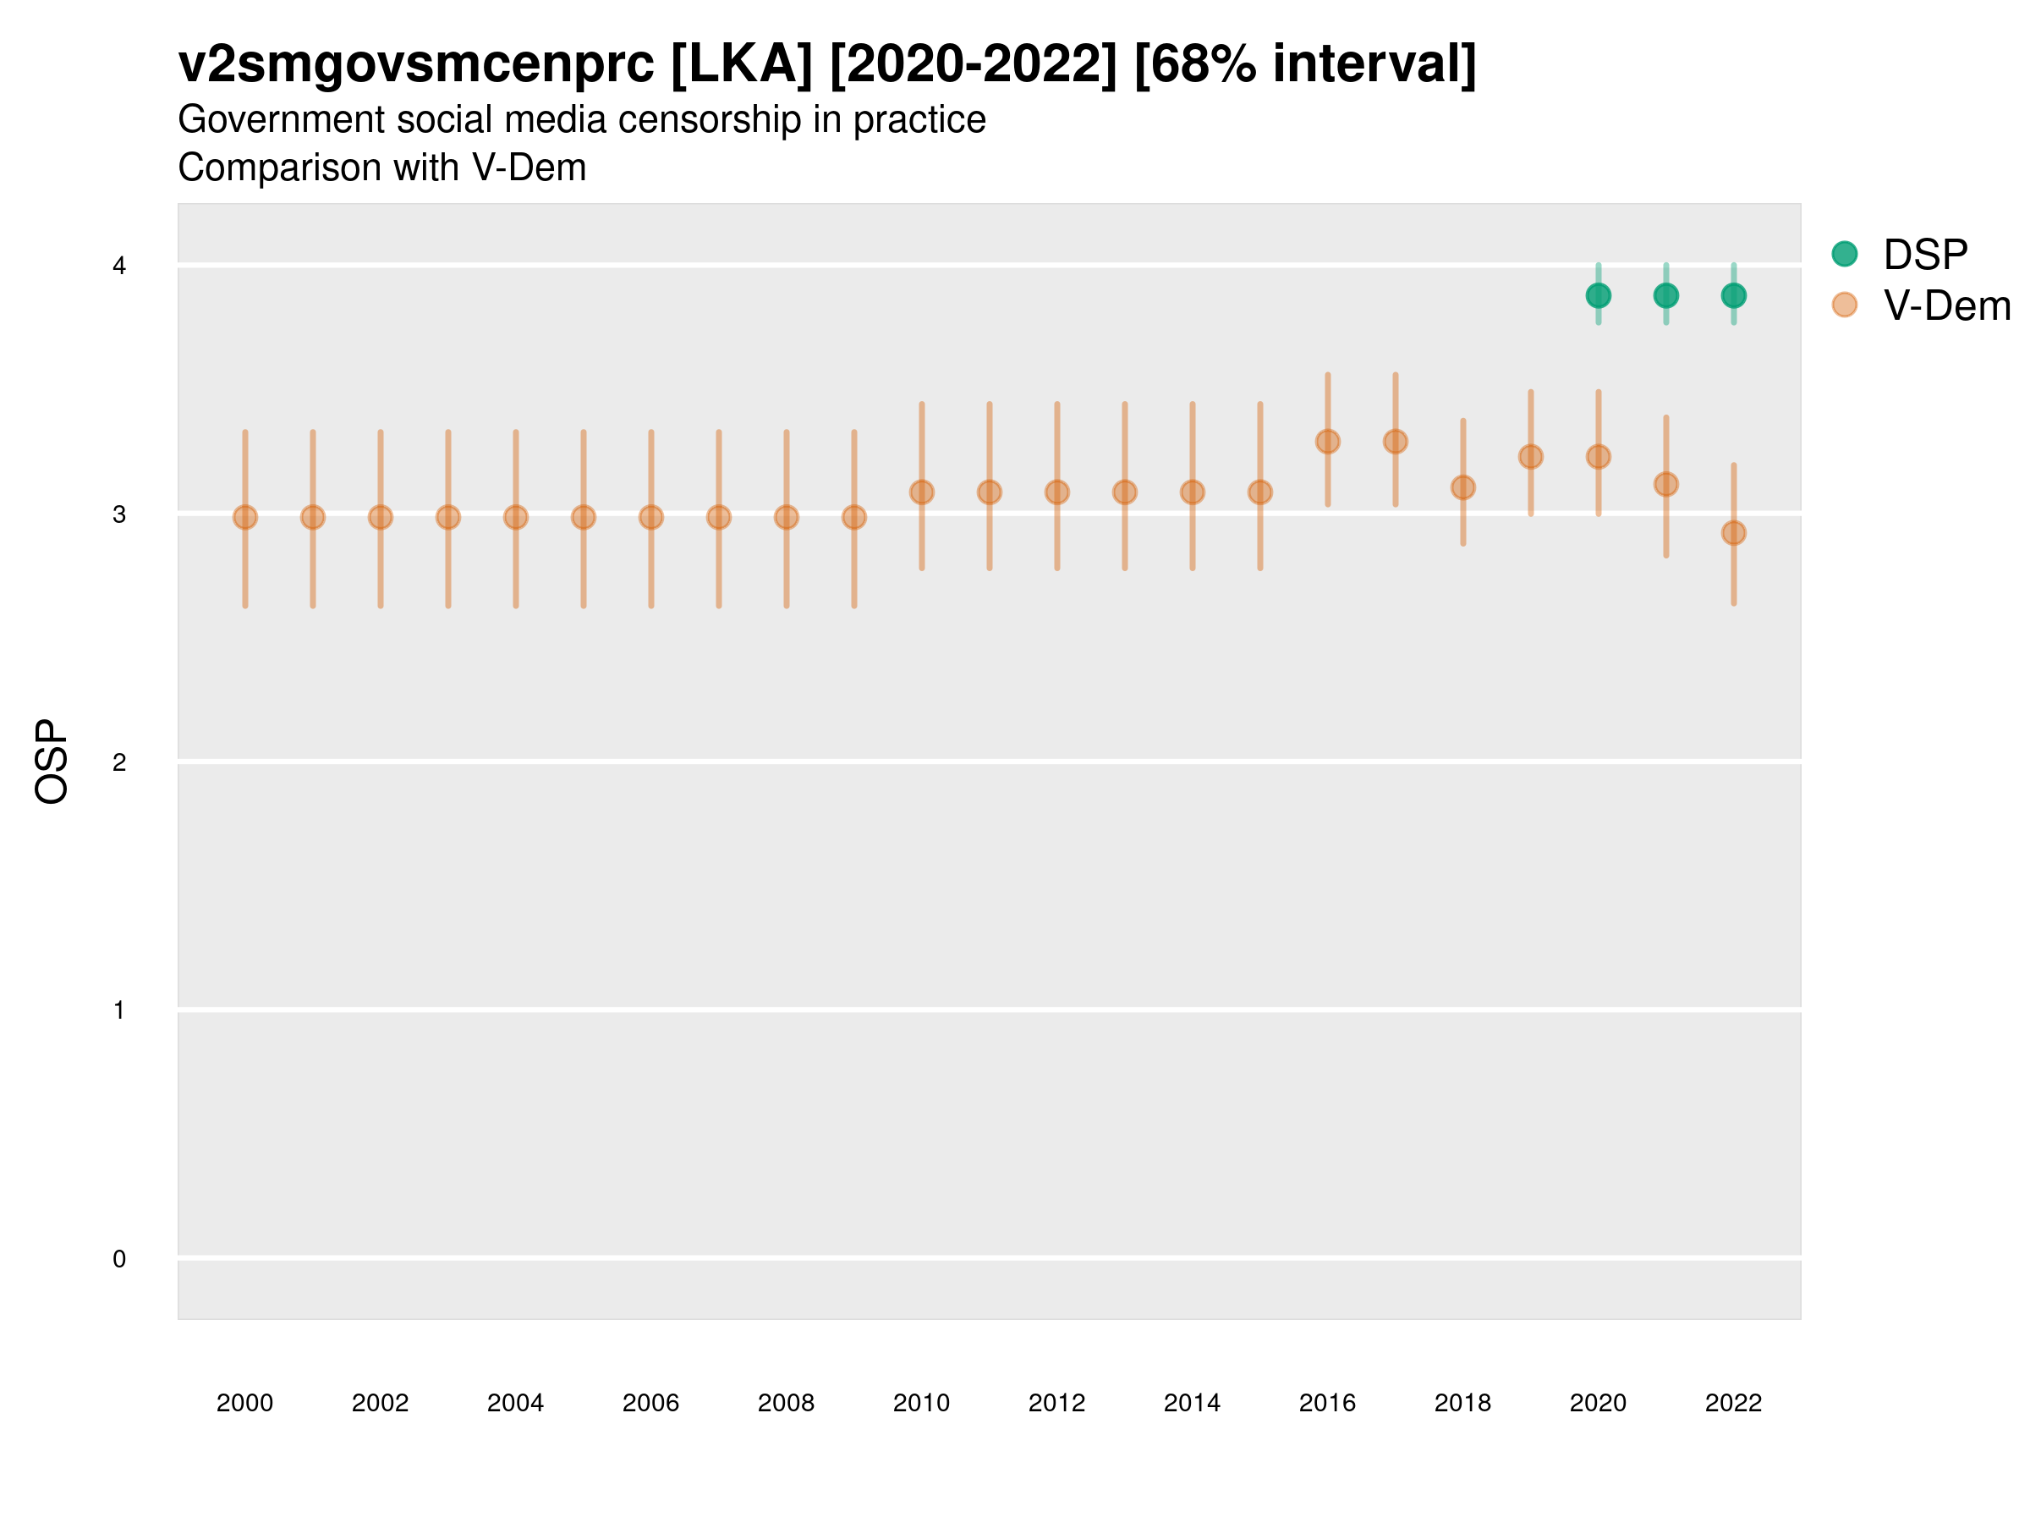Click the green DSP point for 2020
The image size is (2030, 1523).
pyautogui.click(x=1598, y=295)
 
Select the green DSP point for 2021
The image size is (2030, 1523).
pyautogui.click(x=1665, y=295)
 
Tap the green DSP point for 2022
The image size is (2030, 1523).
pyautogui.click(x=1734, y=295)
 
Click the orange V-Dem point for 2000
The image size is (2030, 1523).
pyautogui.click(x=245, y=518)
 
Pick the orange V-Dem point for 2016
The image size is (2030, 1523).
pyautogui.click(x=1327, y=442)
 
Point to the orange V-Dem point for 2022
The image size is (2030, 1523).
pyautogui.click(x=1734, y=532)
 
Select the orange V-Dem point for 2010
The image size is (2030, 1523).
pyautogui.click(x=921, y=492)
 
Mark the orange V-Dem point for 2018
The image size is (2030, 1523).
pyautogui.click(x=1462, y=487)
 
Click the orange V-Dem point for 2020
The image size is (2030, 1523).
pyautogui.click(x=1598, y=456)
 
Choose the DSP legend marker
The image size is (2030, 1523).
pyautogui.click(x=1844, y=253)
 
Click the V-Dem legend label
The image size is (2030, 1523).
pyautogui.click(x=1946, y=305)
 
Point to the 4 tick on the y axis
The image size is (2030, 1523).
pyautogui.click(x=119, y=267)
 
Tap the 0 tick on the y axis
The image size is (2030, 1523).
pyautogui.click(x=119, y=1259)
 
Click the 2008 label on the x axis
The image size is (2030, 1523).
pyautogui.click(x=786, y=1403)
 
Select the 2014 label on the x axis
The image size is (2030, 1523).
pyautogui.click(x=1191, y=1403)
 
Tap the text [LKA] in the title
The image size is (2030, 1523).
pyautogui.click(x=742, y=64)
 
